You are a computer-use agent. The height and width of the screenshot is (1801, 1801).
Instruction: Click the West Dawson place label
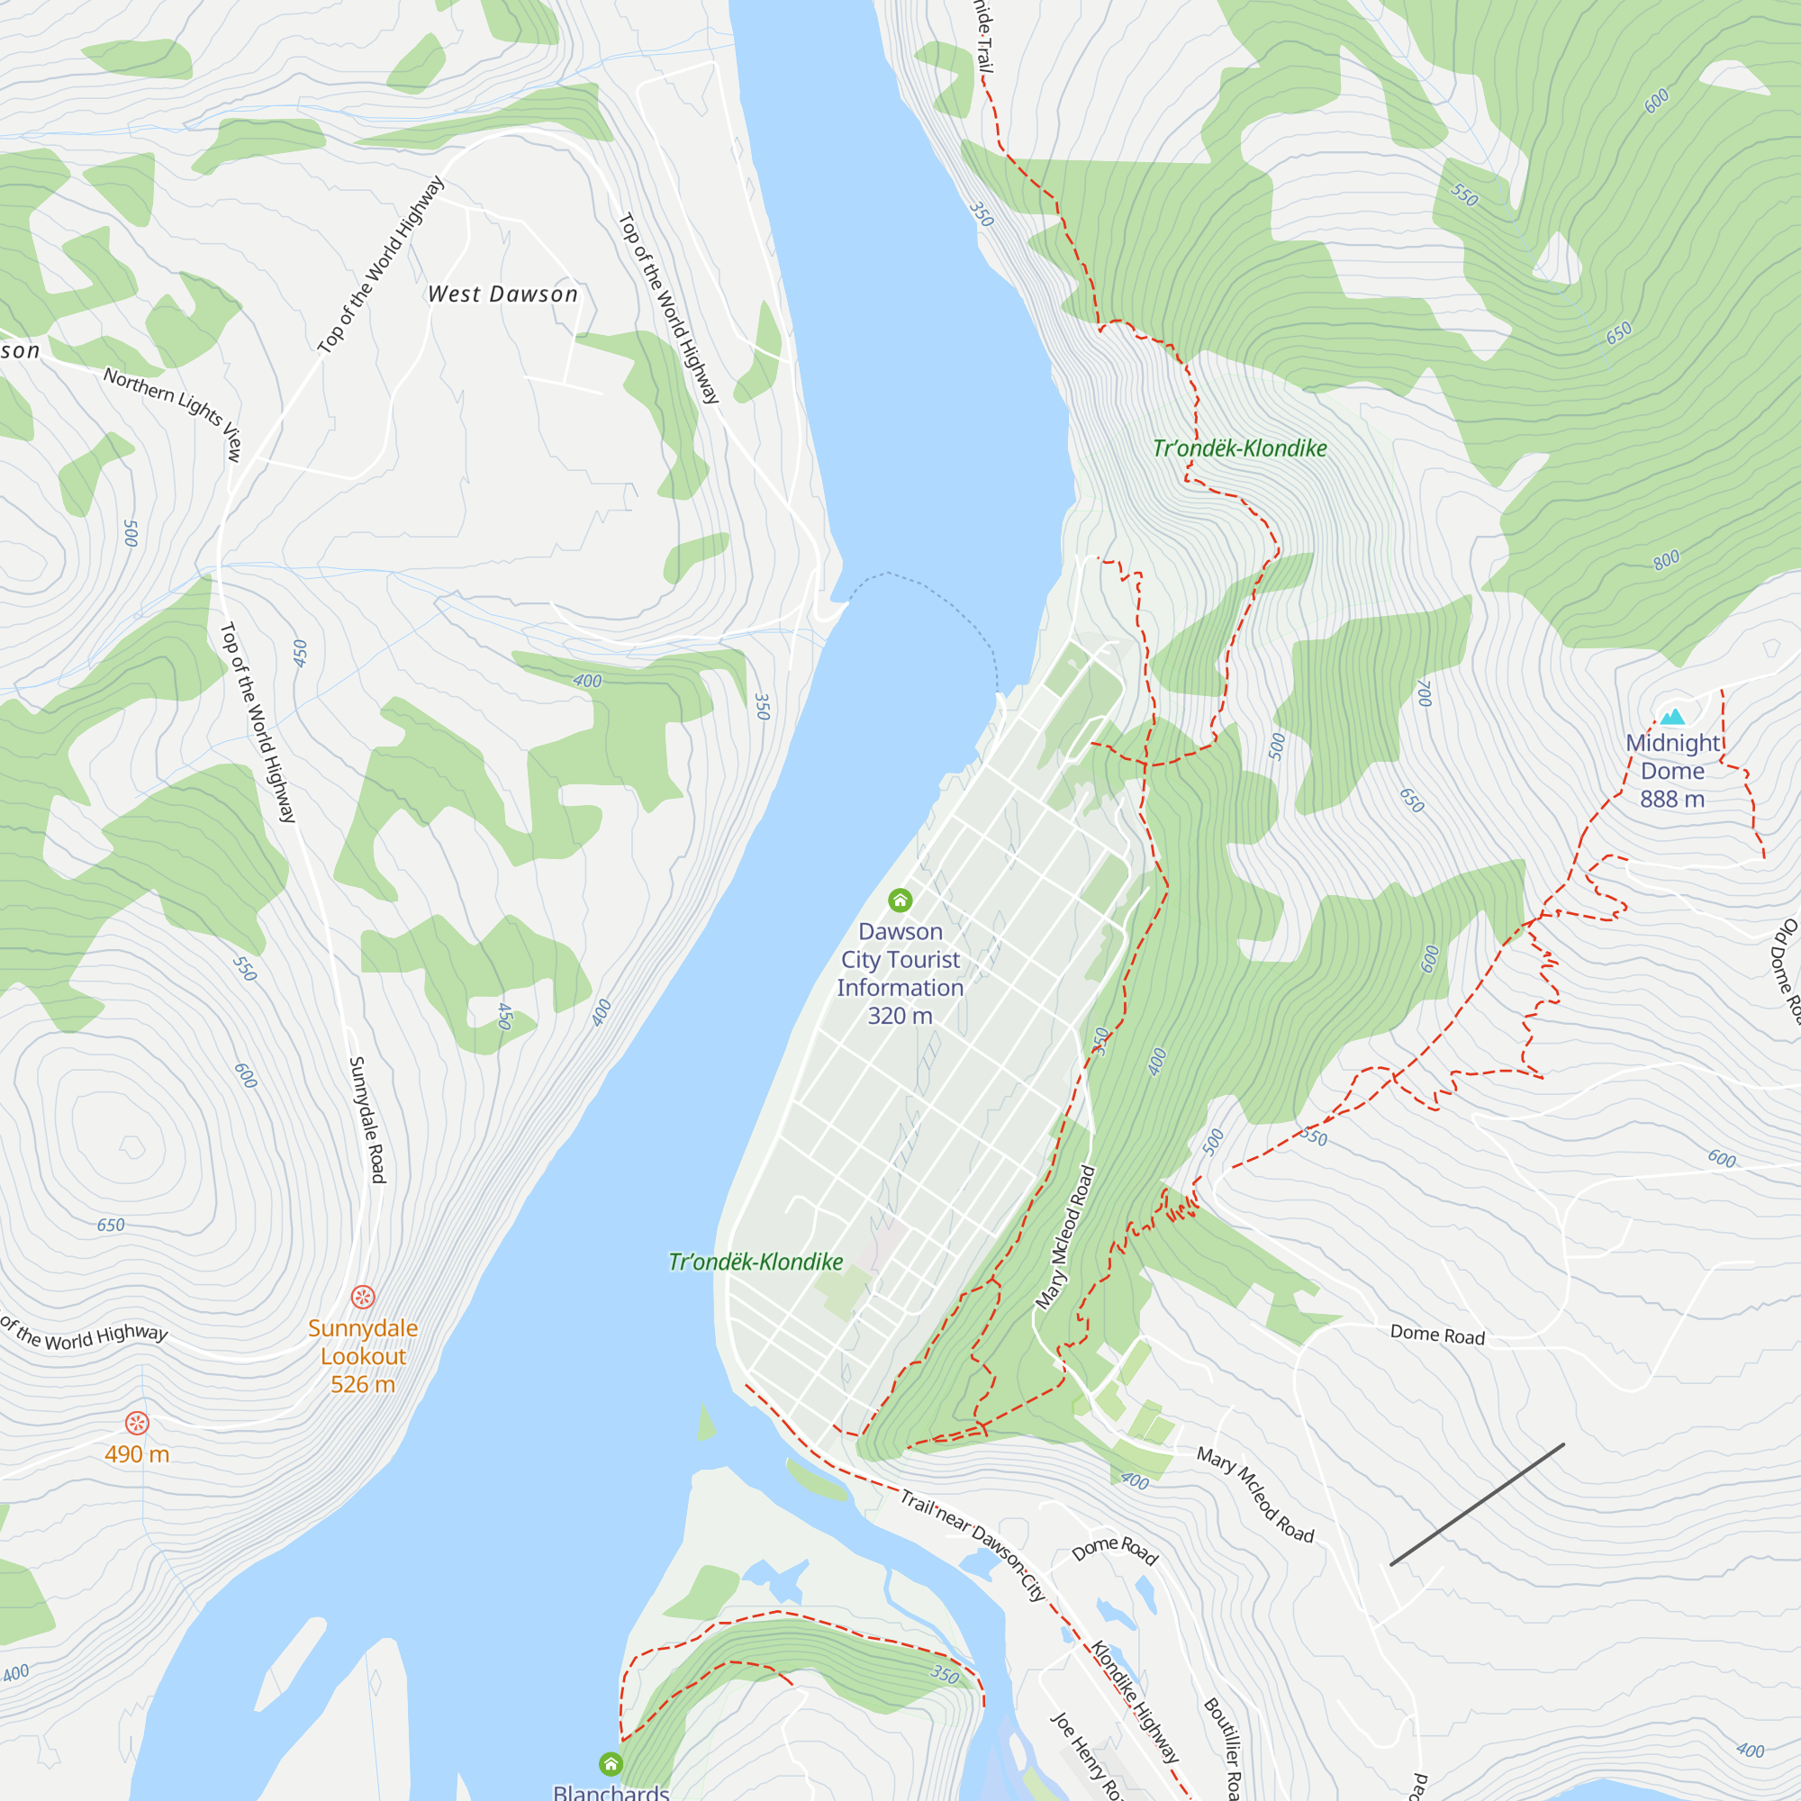[502, 294]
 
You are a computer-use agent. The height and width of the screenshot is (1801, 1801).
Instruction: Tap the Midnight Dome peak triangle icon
[1672, 717]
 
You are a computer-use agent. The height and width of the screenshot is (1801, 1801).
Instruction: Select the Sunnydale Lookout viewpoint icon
[363, 1297]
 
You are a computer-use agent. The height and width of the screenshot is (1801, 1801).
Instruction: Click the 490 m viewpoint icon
[137, 1423]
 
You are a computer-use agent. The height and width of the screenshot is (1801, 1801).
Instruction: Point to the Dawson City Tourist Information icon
[900, 900]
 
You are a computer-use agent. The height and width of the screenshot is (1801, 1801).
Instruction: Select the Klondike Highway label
[1136, 1702]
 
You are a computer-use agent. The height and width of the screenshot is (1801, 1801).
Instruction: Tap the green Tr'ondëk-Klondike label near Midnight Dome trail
[1239, 448]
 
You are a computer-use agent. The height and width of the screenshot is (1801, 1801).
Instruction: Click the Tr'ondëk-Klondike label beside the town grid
[756, 1263]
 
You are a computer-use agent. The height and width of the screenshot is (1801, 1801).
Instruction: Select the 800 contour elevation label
[1667, 560]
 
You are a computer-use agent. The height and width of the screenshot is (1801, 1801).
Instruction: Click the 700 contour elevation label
[1424, 692]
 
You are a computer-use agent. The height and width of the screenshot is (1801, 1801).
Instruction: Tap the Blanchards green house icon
[611, 1763]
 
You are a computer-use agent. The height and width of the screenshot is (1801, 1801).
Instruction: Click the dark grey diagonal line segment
[1477, 1505]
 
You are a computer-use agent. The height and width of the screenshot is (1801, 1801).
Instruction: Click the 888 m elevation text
[1672, 799]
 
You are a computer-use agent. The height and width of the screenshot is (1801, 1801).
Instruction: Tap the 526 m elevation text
[363, 1384]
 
